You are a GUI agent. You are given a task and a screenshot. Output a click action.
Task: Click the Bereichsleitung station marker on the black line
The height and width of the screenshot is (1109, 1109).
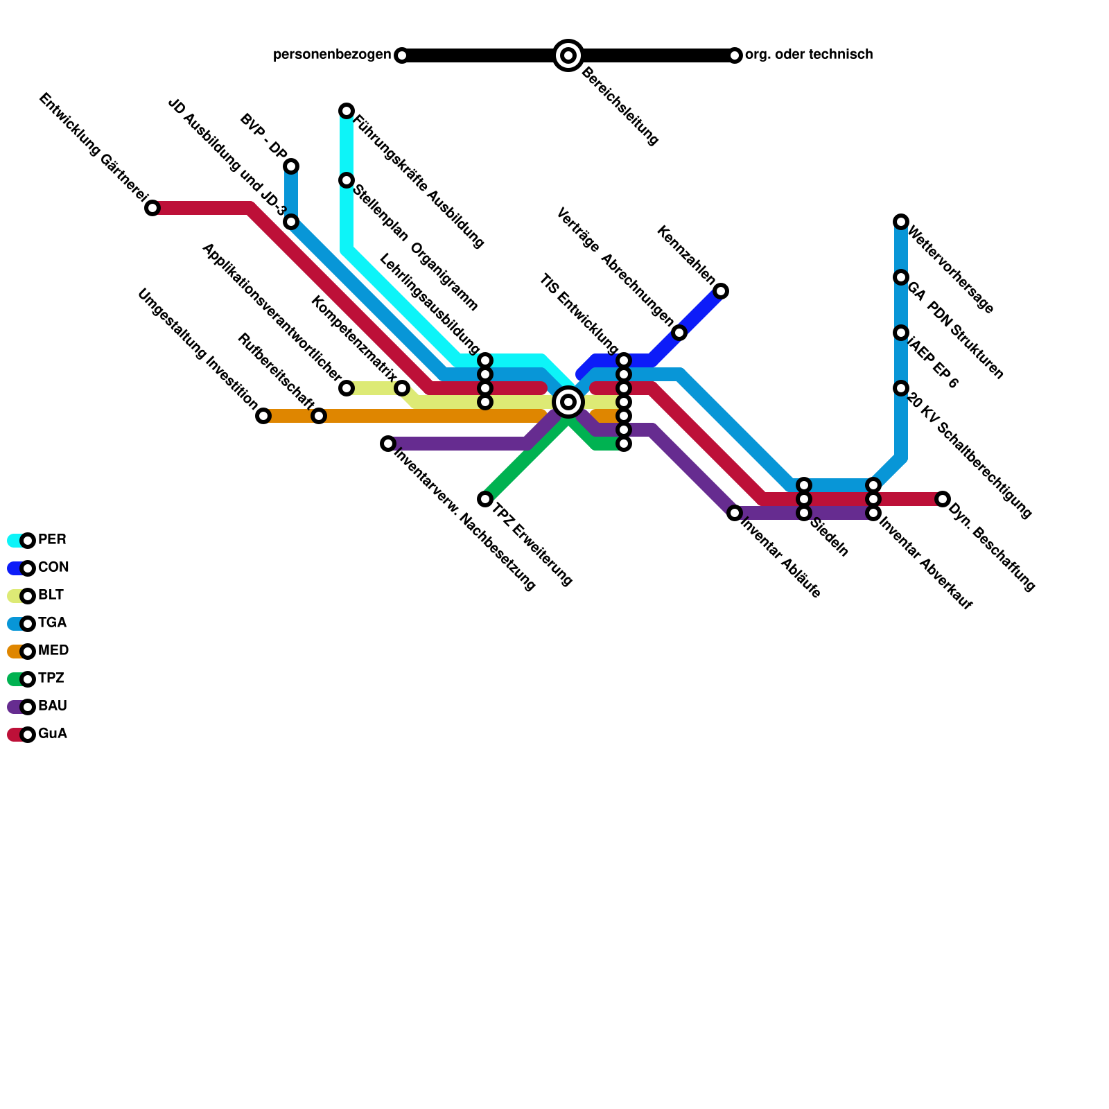[x=568, y=55]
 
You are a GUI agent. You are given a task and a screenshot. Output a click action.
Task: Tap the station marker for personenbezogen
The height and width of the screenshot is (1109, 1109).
[x=402, y=55]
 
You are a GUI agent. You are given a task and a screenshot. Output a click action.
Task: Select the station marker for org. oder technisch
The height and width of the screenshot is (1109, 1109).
[x=735, y=55]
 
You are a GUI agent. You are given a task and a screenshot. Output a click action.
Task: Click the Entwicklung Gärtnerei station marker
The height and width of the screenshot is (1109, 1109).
[x=152, y=208]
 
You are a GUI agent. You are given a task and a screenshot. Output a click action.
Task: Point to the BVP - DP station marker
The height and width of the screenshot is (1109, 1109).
[x=291, y=166]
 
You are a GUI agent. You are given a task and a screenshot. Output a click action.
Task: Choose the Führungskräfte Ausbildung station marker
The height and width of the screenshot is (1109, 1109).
[x=347, y=111]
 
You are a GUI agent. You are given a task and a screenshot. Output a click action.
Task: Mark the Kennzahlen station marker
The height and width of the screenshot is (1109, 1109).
[x=721, y=291]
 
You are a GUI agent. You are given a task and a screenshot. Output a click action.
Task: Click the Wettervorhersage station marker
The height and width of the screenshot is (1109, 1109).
[x=901, y=222]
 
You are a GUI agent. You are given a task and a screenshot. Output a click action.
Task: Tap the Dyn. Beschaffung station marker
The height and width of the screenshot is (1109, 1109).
[x=943, y=499]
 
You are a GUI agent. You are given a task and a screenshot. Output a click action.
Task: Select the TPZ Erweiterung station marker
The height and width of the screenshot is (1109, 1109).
[x=485, y=499]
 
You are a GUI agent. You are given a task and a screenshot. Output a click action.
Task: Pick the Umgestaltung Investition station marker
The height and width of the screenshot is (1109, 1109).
[x=263, y=416]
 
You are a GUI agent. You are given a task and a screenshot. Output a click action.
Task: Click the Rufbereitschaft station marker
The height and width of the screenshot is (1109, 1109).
[x=319, y=416]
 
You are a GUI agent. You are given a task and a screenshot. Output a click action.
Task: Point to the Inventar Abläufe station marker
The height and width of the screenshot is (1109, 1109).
[x=735, y=513]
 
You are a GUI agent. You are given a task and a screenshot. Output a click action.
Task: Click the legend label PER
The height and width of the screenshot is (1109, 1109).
[x=52, y=540]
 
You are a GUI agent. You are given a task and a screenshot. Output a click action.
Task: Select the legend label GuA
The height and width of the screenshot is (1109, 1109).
[x=52, y=734]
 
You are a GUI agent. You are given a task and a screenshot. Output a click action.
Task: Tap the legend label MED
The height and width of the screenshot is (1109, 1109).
[x=53, y=651]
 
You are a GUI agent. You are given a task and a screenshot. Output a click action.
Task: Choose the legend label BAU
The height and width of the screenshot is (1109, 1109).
[x=52, y=706]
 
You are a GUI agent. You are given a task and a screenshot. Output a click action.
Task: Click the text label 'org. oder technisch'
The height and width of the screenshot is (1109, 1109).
[x=809, y=55]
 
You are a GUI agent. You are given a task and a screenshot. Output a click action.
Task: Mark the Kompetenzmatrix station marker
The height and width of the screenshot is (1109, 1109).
[x=402, y=388]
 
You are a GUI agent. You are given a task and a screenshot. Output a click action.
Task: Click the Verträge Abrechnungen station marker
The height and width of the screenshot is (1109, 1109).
[x=679, y=333]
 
